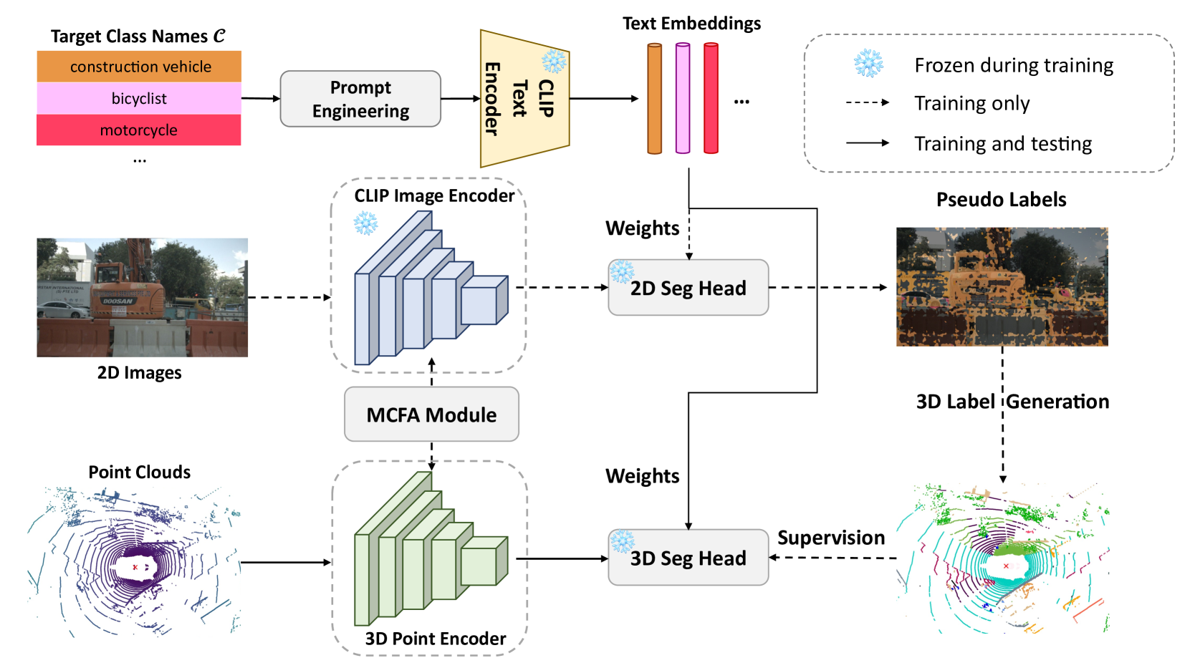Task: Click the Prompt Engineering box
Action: pyautogui.click(x=360, y=99)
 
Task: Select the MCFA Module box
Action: pyautogui.click(x=431, y=415)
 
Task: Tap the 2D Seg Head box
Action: pyautogui.click(x=688, y=288)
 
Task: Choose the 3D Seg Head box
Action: pyautogui.click(x=688, y=558)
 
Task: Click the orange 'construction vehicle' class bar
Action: pyautogui.click(x=139, y=67)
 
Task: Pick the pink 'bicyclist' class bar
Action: pyautogui.click(x=139, y=98)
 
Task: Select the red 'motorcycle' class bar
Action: pyautogui.click(x=139, y=130)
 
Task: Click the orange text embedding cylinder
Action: pyautogui.click(x=654, y=98)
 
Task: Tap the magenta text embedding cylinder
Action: pyautogui.click(x=683, y=98)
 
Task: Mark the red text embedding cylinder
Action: pyautogui.click(x=711, y=98)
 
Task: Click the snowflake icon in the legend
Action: pyautogui.click(x=868, y=64)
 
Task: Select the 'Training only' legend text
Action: pyautogui.click(x=971, y=103)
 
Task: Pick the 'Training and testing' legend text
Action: pyautogui.click(x=1002, y=144)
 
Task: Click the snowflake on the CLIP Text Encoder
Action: pyautogui.click(x=554, y=62)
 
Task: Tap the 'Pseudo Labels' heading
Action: pyautogui.click(x=1001, y=200)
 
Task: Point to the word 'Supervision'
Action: pyautogui.click(x=831, y=538)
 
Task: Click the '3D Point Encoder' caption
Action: pyautogui.click(x=435, y=639)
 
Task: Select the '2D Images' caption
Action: pyautogui.click(x=139, y=373)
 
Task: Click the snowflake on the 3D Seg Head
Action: pyautogui.click(x=623, y=542)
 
